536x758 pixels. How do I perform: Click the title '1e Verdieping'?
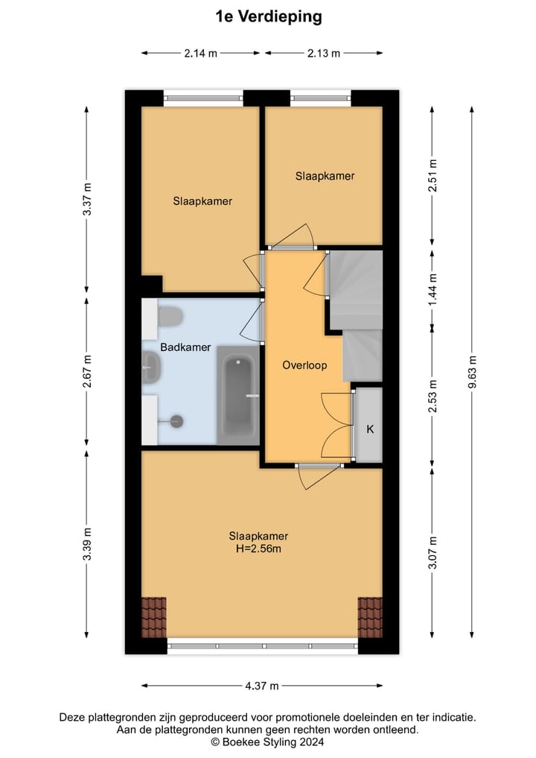click(x=268, y=17)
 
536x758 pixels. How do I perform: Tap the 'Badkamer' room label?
click(x=185, y=347)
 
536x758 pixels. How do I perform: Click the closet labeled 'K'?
click(x=368, y=429)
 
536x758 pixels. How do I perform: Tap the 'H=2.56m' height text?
click(x=258, y=549)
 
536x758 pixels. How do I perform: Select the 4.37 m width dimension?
click(x=262, y=686)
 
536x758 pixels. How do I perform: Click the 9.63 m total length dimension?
click(x=472, y=372)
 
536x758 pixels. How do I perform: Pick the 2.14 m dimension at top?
click(x=200, y=53)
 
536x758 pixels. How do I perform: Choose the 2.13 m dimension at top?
click(x=324, y=53)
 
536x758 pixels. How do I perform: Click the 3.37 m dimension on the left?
click(x=87, y=199)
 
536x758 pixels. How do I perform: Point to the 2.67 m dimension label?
click(x=87, y=370)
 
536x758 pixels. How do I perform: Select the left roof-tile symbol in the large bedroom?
click(x=154, y=617)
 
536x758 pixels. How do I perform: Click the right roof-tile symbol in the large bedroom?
click(x=369, y=617)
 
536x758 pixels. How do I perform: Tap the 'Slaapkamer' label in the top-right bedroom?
click(x=325, y=177)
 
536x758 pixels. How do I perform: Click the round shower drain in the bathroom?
click(x=177, y=421)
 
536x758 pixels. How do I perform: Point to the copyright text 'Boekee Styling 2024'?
click(x=268, y=742)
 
